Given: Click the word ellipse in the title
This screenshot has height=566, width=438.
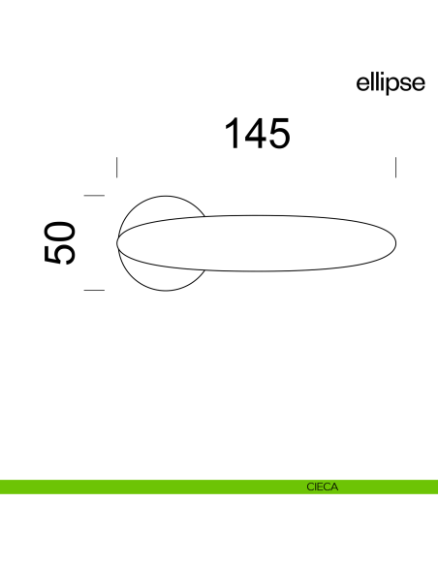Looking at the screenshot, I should pos(391,83).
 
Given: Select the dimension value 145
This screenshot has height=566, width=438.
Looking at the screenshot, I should pos(258,134).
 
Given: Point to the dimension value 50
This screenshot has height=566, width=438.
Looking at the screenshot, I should pos(59,242).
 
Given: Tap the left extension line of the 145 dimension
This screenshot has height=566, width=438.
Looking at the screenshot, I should pos(116,166).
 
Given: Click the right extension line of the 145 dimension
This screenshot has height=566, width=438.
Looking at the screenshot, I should pos(396,166).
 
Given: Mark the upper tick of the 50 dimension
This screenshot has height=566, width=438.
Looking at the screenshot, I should pos(94,196).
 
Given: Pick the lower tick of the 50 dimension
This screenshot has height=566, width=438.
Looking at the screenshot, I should pos(94,289).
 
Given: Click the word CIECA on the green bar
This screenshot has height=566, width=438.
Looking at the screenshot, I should pos(322,487).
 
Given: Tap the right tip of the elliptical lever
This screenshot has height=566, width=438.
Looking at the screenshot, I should pos(396,242).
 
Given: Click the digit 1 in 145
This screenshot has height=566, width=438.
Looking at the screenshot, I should pos(234,134).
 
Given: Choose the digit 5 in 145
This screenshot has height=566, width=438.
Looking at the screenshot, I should pos(279,134).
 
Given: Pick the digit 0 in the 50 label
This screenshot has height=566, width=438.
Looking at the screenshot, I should pos(59,231).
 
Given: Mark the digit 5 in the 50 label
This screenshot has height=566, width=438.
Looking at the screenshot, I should pos(59,254).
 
